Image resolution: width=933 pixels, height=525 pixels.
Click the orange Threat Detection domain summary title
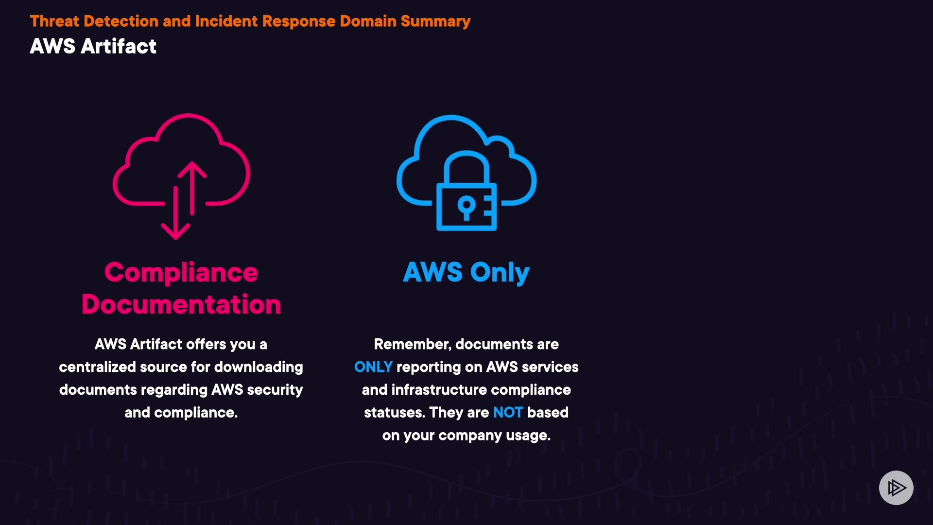pyautogui.click(x=250, y=21)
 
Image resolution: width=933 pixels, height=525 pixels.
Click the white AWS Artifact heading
pyautogui.click(x=93, y=47)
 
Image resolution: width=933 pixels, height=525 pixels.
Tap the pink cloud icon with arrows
pyautogui.click(x=182, y=165)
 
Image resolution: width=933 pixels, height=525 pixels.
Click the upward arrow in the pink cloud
pyautogui.click(x=192, y=187)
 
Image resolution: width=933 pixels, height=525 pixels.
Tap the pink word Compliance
pyautogui.click(x=181, y=272)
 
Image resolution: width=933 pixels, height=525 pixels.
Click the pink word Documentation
pyautogui.click(x=181, y=305)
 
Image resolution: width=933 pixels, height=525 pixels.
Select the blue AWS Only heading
pyautogui.click(x=466, y=272)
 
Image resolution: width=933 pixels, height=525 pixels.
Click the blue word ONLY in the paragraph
pyautogui.click(x=373, y=367)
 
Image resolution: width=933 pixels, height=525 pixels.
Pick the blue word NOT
pyautogui.click(x=507, y=413)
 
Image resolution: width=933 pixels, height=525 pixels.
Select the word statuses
pyautogui.click(x=394, y=413)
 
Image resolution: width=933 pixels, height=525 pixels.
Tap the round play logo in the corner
pyautogui.click(x=896, y=488)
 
